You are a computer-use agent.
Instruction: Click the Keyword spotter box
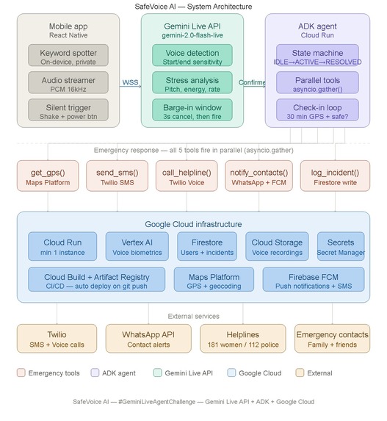68,55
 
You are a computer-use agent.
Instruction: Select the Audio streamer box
68,83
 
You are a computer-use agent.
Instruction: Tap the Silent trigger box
68,109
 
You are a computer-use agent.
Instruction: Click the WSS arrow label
130,82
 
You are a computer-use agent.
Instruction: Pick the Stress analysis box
192,83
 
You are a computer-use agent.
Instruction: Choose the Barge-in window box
192,109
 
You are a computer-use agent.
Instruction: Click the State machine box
317,55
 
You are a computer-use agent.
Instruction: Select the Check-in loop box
317,109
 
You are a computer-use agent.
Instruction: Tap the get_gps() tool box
48,176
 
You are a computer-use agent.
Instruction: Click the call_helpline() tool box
187,176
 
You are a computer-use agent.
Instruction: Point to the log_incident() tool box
335,176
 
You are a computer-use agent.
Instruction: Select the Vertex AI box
137,246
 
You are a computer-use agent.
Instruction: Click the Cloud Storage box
277,246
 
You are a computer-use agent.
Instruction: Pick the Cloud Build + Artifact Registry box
97,279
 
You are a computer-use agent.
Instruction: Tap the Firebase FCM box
314,279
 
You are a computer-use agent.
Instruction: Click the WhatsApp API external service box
148,339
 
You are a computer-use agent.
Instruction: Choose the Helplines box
243,339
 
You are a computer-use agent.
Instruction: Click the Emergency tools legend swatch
21,373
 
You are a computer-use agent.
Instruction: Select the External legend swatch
300,373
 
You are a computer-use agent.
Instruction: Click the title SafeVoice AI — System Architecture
193,7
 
